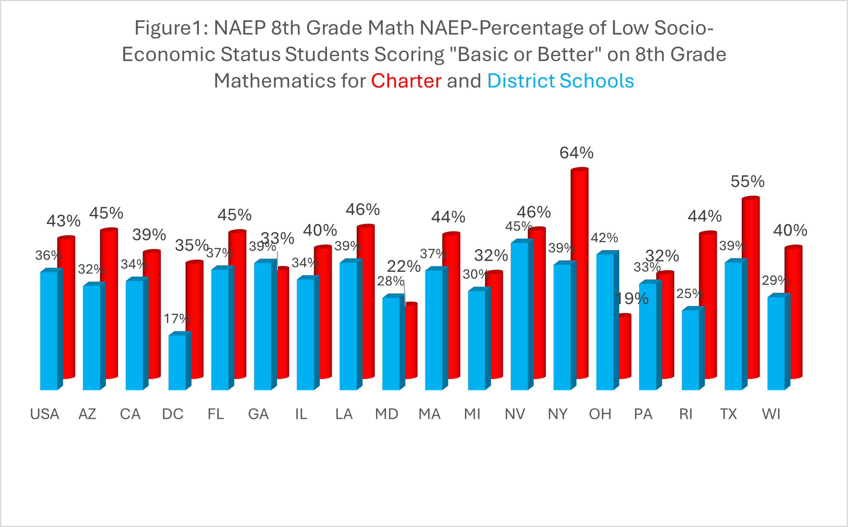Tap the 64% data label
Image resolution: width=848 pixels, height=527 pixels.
pos(576,153)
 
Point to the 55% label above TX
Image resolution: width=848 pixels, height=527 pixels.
pos(747,182)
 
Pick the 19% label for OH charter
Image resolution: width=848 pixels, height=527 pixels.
pos(632,299)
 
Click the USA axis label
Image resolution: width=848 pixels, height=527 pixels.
pos(45,414)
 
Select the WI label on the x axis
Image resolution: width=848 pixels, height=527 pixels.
pos(771,414)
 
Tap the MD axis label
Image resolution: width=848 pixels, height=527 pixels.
pos(387,414)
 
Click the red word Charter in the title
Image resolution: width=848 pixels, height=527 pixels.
pos(406,81)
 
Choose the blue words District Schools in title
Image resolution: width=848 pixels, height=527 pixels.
pos(560,81)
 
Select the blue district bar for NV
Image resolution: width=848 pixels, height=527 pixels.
pos(519,316)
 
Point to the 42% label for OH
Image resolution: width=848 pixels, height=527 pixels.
pos(604,238)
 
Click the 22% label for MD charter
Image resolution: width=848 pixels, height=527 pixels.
pos(404,267)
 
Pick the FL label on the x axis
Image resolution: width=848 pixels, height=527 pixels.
pos(216,414)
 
